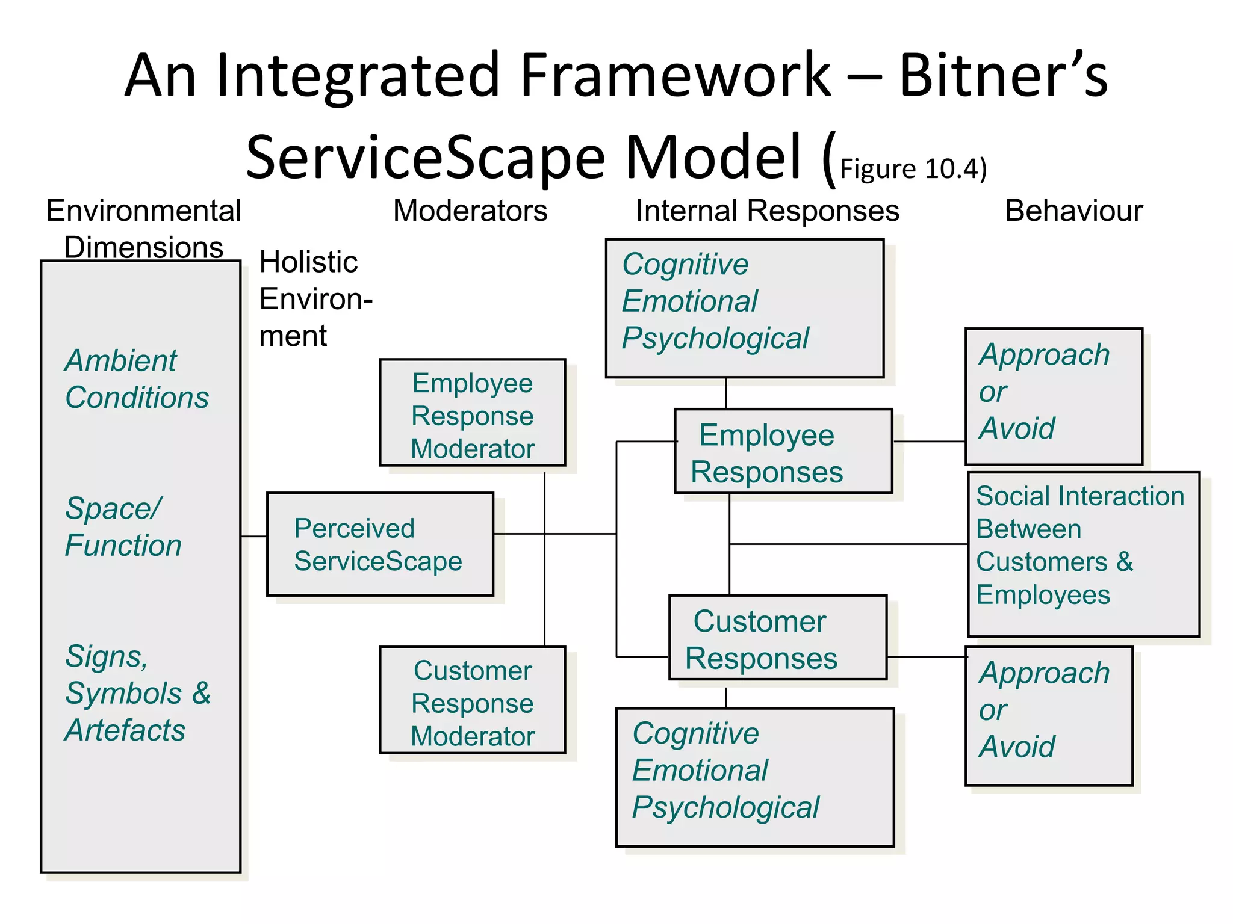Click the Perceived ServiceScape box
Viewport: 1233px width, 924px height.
tap(380, 544)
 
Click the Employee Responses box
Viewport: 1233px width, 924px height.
tap(783, 452)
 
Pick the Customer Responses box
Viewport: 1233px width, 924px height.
tap(777, 638)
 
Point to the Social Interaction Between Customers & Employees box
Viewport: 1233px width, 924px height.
tap(1083, 554)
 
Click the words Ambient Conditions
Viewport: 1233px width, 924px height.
tap(137, 379)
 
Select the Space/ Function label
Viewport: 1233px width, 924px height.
tap(123, 527)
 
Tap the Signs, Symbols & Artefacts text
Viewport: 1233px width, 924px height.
tap(137, 693)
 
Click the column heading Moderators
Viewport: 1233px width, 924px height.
tap(470, 211)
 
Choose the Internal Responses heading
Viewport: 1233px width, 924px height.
tap(767, 211)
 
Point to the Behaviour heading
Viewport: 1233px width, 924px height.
tap(1073, 211)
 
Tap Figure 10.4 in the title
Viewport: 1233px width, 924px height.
tap(912, 169)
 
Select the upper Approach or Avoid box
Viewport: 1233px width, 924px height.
tap(1054, 396)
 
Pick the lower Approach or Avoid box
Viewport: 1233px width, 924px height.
tap(1049, 716)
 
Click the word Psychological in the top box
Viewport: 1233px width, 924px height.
tap(715, 338)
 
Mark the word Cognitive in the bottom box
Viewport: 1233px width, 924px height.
tap(695, 733)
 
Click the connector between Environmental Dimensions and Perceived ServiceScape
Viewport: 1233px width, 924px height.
tap(253, 536)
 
